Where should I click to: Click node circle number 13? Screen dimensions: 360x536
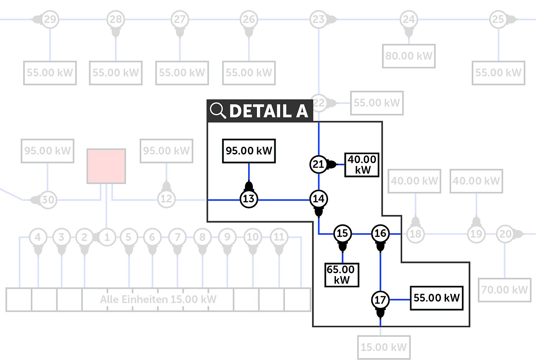coord(249,199)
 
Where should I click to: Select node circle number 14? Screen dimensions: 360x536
coord(318,199)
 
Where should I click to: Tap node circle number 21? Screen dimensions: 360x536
coord(318,164)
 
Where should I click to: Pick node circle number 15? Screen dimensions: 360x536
coord(342,233)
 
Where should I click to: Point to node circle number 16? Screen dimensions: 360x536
coord(380,233)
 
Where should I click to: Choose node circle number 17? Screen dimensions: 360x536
coord(380,300)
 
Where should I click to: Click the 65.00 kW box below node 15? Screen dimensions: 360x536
coord(341,275)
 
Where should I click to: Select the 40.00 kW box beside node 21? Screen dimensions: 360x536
coord(362,165)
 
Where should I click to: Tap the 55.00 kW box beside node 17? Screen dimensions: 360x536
coord(436,298)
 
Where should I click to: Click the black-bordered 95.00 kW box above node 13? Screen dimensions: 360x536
coord(249,151)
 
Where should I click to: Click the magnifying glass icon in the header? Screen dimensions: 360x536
coord(218,111)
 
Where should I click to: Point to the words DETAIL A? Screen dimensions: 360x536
coord(268,111)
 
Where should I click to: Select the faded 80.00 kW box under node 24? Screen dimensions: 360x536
coord(409,56)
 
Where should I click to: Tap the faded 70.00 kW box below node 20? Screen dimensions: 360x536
coord(504,290)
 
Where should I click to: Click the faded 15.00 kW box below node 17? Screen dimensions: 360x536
coord(384,347)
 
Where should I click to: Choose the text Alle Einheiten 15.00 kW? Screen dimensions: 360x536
coord(158,300)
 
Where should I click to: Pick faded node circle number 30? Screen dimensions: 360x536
coord(48,199)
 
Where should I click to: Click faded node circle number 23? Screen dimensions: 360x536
coord(318,19)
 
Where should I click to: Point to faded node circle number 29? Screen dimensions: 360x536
coord(50,19)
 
